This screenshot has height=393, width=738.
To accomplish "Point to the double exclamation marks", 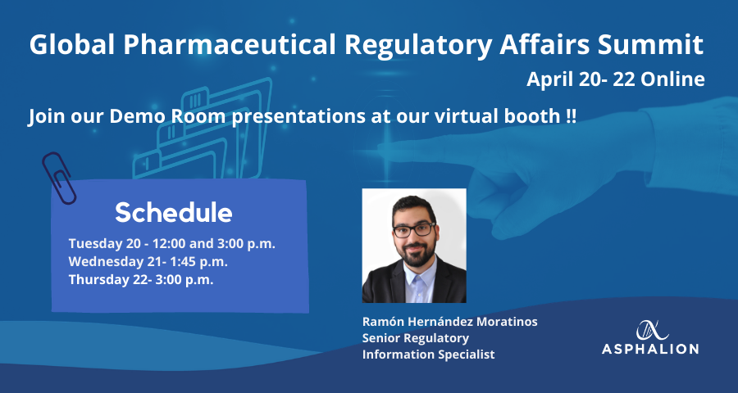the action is pos(571,116).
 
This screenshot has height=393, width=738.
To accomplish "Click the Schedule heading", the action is pos(174,213).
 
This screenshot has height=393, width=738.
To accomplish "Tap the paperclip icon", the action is pos(59,178).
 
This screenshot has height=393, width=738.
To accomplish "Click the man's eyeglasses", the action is pos(415,229).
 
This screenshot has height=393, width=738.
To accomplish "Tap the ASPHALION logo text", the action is pos(650,349).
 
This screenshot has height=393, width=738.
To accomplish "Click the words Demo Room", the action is pos(174,116).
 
